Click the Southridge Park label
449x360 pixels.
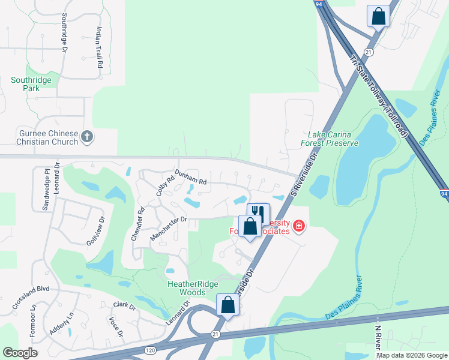[x=31, y=84]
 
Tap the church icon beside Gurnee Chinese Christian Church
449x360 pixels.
[x=87, y=137]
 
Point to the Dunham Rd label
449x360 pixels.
[x=190, y=177]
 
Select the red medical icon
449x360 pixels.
[x=299, y=226]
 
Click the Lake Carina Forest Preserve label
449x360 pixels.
[x=333, y=139]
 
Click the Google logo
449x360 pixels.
[x=20, y=353]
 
